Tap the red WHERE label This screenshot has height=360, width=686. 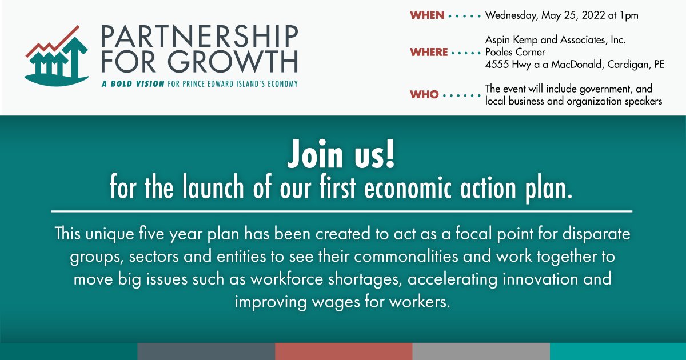(429, 52)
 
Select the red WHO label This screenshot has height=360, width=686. (424, 94)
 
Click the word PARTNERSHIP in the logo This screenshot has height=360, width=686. (199, 38)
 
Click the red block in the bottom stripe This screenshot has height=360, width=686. (344, 351)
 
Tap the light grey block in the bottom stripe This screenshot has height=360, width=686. (481, 351)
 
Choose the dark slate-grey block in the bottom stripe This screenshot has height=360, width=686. (206, 351)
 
